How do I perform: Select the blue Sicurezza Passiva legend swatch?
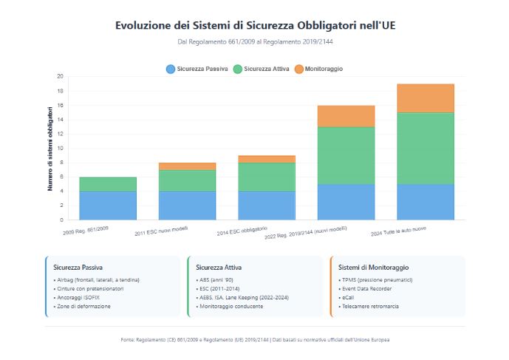pyautogui.click(x=171, y=69)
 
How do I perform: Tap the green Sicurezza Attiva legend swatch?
pyautogui.click(x=237, y=69)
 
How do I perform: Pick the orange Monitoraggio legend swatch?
pyautogui.click(x=298, y=69)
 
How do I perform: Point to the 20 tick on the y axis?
pyautogui.click(x=60, y=76)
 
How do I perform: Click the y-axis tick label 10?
pyautogui.click(x=60, y=148)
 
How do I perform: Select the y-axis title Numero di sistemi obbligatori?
pyautogui.click(x=50, y=149)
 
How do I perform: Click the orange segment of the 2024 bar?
pyautogui.click(x=425, y=98)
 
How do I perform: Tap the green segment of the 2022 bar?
pyautogui.click(x=346, y=155)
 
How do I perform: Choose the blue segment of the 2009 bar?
pyautogui.click(x=108, y=206)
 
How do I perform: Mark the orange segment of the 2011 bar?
pyautogui.click(x=187, y=166)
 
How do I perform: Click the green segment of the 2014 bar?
pyautogui.click(x=267, y=177)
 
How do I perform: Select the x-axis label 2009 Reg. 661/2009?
pyautogui.click(x=86, y=231)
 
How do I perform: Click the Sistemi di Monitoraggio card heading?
pyautogui.click(x=374, y=267)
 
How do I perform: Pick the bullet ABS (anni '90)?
pyautogui.click(x=216, y=280)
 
